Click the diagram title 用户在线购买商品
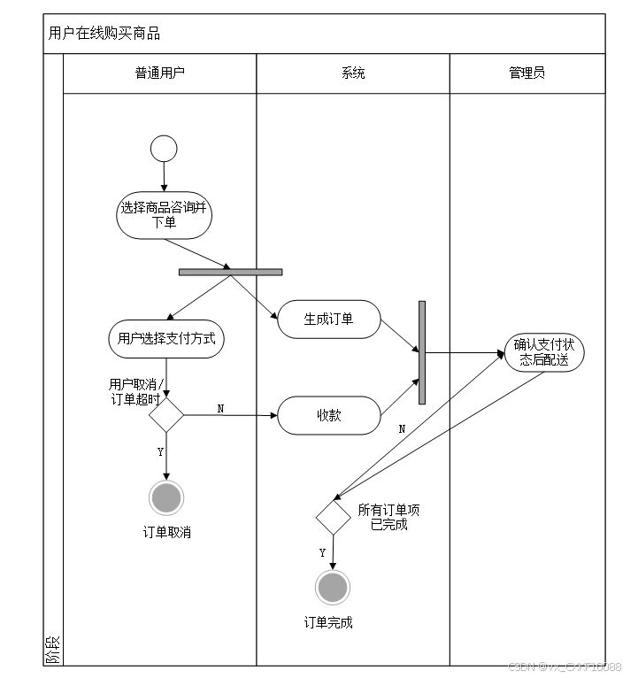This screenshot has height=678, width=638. coord(104,35)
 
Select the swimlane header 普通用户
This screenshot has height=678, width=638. coord(160,73)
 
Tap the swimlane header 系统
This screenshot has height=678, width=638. coord(353,73)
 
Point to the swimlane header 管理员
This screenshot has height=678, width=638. coord(527,73)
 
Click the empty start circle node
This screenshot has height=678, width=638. coord(164,148)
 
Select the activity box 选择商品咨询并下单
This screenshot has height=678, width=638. coord(164,215)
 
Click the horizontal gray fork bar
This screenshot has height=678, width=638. coord(230,272)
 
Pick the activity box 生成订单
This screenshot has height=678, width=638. coord(329,320)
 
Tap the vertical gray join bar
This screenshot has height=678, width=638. coord(422,352)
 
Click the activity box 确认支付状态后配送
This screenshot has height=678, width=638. coord(544,352)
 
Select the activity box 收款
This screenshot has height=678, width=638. coord(329,415)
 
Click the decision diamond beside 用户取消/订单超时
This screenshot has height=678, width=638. coord(166,414)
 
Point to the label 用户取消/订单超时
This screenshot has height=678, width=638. coord(136,391)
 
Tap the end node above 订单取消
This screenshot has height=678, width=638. coord(166,498)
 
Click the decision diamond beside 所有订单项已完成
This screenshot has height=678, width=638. coord(334,517)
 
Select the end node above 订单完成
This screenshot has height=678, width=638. coord(334,588)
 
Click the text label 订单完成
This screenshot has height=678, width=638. coord(328,622)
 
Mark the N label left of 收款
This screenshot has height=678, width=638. coord(220,408)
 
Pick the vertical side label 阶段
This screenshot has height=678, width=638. coord(54,651)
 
